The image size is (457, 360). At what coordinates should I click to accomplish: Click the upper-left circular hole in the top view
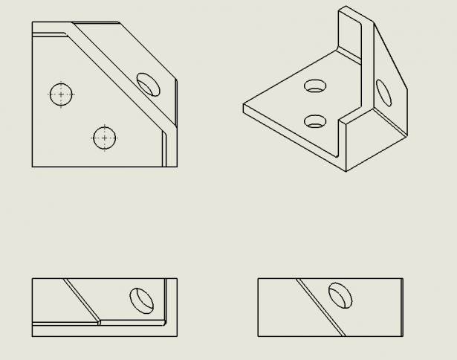pyautogui.click(x=61, y=94)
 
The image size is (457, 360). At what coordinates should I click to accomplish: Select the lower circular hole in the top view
pyautogui.click(x=105, y=138)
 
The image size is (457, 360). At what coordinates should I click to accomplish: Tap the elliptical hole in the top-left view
pyautogui.click(x=149, y=83)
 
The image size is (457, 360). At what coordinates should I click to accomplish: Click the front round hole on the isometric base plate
pyautogui.click(x=317, y=120)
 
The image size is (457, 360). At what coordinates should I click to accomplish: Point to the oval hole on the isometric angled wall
pyautogui.click(x=384, y=93)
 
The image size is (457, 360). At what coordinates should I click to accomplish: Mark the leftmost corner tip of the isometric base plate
pyautogui.click(x=244, y=109)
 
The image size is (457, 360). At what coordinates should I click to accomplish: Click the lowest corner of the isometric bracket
pyautogui.click(x=346, y=171)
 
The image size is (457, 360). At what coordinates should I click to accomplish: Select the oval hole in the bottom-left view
pyautogui.click(x=141, y=299)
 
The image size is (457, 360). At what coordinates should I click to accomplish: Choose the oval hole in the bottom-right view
pyautogui.click(x=341, y=295)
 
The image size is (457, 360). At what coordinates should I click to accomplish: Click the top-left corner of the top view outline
pyautogui.click(x=32, y=22)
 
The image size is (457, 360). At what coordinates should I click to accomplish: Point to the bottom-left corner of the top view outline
pyautogui.click(x=32, y=167)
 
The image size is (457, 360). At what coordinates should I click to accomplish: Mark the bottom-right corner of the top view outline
pyautogui.click(x=177, y=167)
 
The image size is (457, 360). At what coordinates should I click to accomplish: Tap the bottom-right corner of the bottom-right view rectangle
pyautogui.click(x=403, y=336)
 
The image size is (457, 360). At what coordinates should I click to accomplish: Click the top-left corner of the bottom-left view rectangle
pyautogui.click(x=32, y=279)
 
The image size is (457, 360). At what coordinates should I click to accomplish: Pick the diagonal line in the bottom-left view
pyautogui.click(x=82, y=300)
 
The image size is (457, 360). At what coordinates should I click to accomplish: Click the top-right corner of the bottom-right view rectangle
pyautogui.click(x=403, y=279)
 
